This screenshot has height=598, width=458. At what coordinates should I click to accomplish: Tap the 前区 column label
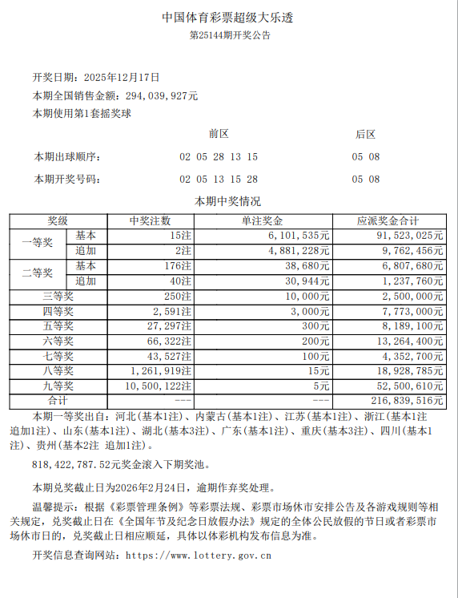click(x=218, y=134)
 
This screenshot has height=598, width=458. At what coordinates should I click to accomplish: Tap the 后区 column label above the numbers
click(x=365, y=134)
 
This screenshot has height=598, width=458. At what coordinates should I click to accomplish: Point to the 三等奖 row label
click(x=58, y=296)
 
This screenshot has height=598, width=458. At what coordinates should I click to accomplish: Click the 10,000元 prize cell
click(x=305, y=296)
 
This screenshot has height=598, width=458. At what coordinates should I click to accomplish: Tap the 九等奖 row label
click(x=58, y=386)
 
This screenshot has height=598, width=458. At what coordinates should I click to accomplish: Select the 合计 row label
click(x=58, y=400)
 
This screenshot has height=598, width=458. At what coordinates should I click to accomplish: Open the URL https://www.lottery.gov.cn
click(x=199, y=555)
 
